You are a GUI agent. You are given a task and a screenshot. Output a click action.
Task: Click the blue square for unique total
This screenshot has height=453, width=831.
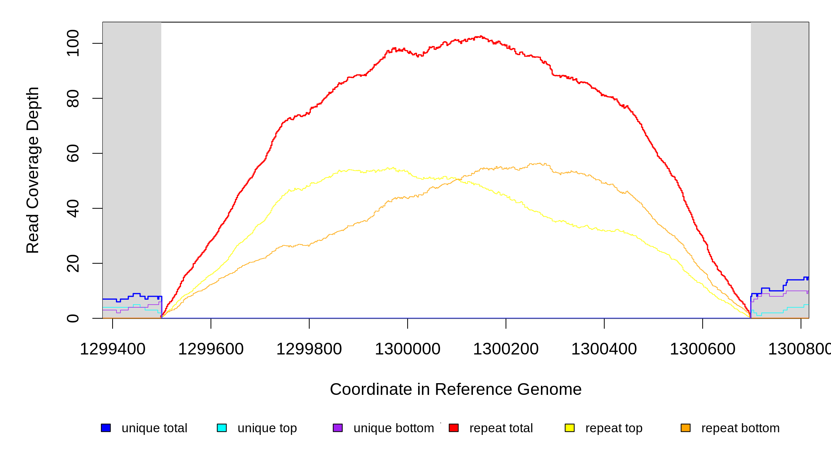pyautogui.click(x=106, y=428)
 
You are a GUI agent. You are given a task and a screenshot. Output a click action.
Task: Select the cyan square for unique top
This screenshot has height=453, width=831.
pyautogui.click(x=222, y=428)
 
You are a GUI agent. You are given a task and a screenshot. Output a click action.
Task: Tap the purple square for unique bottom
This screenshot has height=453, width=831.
pyautogui.click(x=338, y=428)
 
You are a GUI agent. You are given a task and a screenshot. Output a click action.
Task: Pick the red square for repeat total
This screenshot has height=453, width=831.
pyautogui.click(x=454, y=428)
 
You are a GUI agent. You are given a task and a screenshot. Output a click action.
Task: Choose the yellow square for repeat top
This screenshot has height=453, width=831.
pyautogui.click(x=570, y=428)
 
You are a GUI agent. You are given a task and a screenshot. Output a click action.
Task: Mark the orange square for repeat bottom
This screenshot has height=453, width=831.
pyautogui.click(x=686, y=428)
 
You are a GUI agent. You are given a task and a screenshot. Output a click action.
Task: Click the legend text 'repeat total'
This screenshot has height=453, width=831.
pyautogui.click(x=501, y=428)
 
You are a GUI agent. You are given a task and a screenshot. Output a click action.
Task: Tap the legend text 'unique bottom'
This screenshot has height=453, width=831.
pyautogui.click(x=394, y=428)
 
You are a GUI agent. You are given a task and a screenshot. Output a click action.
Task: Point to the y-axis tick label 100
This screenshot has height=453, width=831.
pyautogui.click(x=73, y=43)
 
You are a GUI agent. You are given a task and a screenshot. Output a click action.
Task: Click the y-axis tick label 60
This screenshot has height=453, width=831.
pyautogui.click(x=73, y=153)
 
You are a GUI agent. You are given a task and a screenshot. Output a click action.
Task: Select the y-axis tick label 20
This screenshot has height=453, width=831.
pyautogui.click(x=73, y=263)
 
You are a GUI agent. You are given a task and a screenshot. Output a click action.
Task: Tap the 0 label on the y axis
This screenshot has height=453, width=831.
pyautogui.click(x=73, y=318)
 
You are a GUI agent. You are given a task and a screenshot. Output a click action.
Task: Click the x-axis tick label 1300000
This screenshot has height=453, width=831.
pyautogui.click(x=408, y=349)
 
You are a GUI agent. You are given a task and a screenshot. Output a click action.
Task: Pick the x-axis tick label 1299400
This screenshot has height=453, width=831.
pyautogui.click(x=113, y=349)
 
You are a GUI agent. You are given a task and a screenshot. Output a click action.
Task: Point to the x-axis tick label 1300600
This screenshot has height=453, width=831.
pyautogui.click(x=703, y=349)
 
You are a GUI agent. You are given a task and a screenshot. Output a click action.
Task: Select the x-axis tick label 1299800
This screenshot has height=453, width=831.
pyautogui.click(x=309, y=349)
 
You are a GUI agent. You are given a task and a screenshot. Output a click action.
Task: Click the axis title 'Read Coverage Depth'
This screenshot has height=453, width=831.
pyautogui.click(x=32, y=170)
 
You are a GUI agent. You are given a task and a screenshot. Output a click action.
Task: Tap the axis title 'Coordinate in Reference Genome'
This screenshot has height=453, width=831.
pyautogui.click(x=456, y=389)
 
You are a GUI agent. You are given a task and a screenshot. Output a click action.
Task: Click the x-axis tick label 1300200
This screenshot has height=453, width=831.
pyautogui.click(x=506, y=349)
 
